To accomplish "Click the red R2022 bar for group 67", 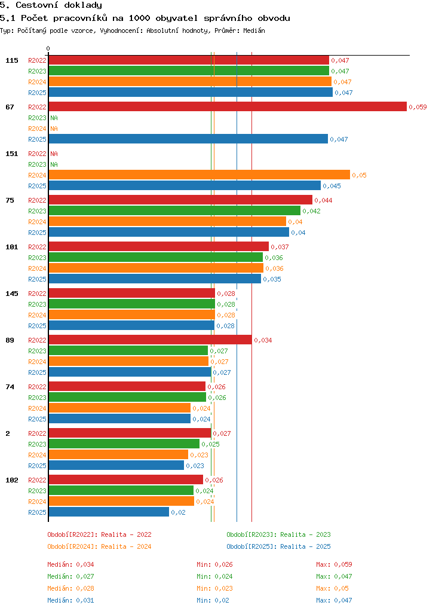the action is click(228, 107).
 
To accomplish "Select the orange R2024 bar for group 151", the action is click(200, 175).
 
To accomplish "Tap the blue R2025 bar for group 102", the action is click(109, 512).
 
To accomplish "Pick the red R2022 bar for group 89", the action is click(151, 340).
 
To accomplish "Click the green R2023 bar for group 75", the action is click(174, 211).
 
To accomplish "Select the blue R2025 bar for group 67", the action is click(188, 139).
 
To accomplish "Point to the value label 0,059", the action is click(418, 107).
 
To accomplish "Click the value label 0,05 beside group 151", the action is click(359, 175).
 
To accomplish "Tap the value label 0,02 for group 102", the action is click(178, 512).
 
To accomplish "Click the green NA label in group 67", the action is click(54, 118).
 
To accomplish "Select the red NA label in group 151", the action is click(54, 154).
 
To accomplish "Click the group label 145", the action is click(12, 294).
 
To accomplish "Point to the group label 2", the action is click(8, 433).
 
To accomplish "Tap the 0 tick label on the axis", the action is click(48, 48).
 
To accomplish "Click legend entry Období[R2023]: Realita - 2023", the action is click(279, 534).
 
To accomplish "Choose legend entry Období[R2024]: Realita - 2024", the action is click(99, 546).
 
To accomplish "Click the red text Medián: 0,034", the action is click(70, 564).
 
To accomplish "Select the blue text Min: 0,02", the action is click(213, 600).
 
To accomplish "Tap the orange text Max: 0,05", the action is click(332, 588).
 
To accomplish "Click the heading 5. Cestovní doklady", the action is click(51, 5).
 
